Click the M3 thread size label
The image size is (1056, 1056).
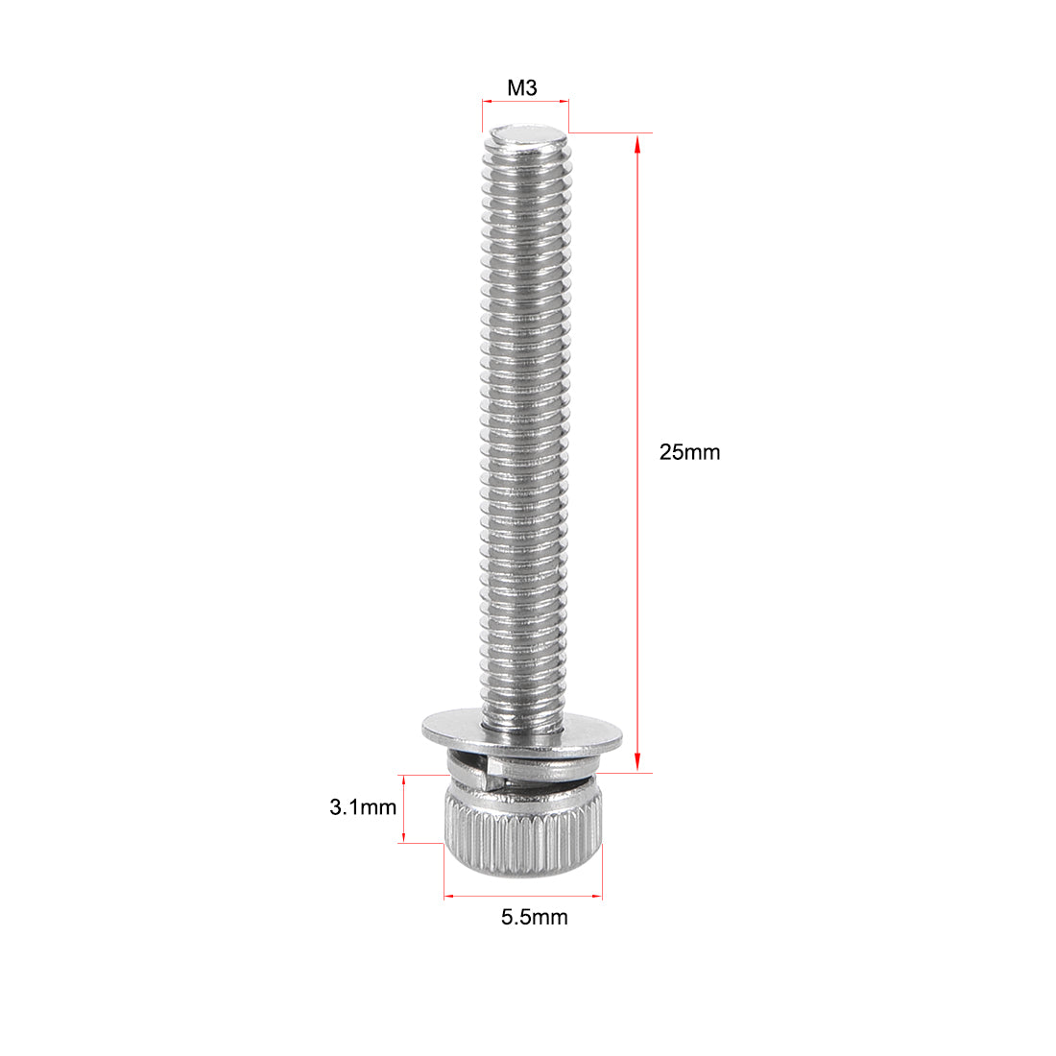click(x=522, y=88)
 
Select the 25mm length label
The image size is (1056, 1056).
click(x=688, y=452)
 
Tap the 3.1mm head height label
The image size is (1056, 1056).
click(x=362, y=807)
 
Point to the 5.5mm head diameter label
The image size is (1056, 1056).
click(x=534, y=917)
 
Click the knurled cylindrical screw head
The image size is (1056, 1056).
click(x=522, y=830)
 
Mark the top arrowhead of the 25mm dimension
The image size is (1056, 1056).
click(x=636, y=143)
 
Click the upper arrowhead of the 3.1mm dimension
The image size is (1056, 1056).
click(x=404, y=782)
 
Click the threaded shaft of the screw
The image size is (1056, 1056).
click(x=524, y=432)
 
